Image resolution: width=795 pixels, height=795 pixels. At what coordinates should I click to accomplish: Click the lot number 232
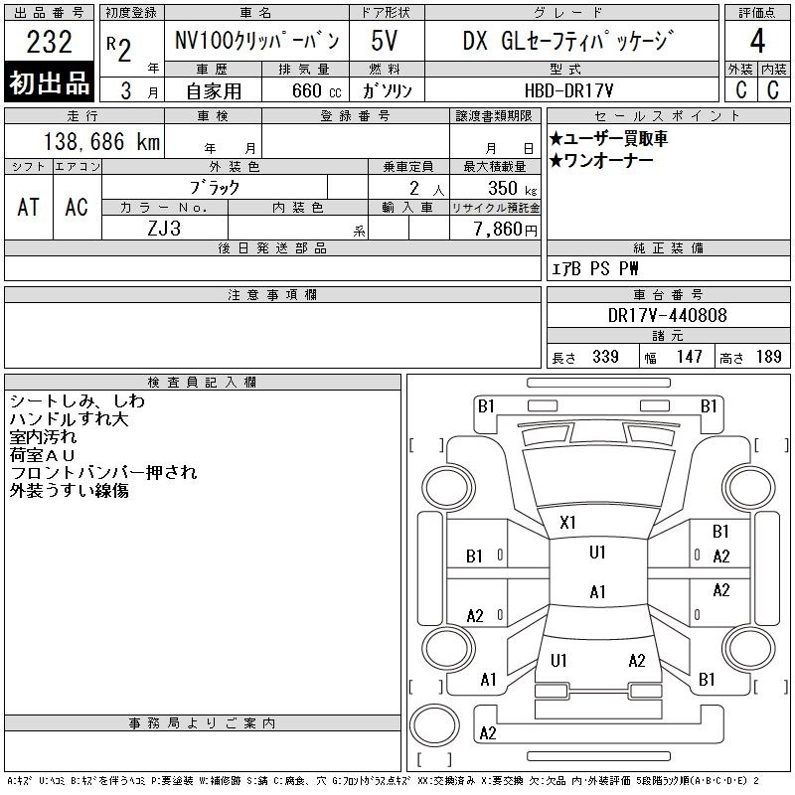(x=49, y=42)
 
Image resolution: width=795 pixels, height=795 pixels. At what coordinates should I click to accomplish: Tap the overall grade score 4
(x=757, y=41)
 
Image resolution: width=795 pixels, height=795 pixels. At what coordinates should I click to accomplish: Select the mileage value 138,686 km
(x=101, y=141)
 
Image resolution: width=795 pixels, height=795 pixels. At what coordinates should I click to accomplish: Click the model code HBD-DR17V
(x=568, y=90)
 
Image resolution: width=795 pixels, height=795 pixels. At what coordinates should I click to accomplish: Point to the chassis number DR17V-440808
(x=667, y=315)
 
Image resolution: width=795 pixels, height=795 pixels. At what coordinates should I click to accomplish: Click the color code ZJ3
(x=164, y=229)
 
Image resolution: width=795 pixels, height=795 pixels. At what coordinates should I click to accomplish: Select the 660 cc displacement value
(x=316, y=90)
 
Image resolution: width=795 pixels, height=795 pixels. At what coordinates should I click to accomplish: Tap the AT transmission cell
(x=29, y=208)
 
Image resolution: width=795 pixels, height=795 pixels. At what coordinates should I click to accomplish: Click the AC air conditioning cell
(x=77, y=208)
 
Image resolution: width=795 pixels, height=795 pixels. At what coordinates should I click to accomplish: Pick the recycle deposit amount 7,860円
(x=505, y=230)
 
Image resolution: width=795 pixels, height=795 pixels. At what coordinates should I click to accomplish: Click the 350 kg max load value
(x=512, y=188)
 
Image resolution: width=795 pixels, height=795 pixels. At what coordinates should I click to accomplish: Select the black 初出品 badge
(x=49, y=82)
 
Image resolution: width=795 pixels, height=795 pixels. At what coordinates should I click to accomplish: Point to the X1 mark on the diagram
(x=567, y=523)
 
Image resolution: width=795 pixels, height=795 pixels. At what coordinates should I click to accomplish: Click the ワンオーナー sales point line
(x=601, y=161)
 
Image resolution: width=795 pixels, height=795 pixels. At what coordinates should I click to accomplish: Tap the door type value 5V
(x=384, y=41)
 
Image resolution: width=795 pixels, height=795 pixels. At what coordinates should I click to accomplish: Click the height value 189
(x=768, y=357)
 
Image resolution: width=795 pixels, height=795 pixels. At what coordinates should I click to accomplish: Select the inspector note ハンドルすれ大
(x=69, y=418)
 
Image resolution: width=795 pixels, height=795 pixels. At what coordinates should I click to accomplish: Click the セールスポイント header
(x=667, y=116)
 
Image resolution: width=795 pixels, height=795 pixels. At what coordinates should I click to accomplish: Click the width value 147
(x=689, y=357)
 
